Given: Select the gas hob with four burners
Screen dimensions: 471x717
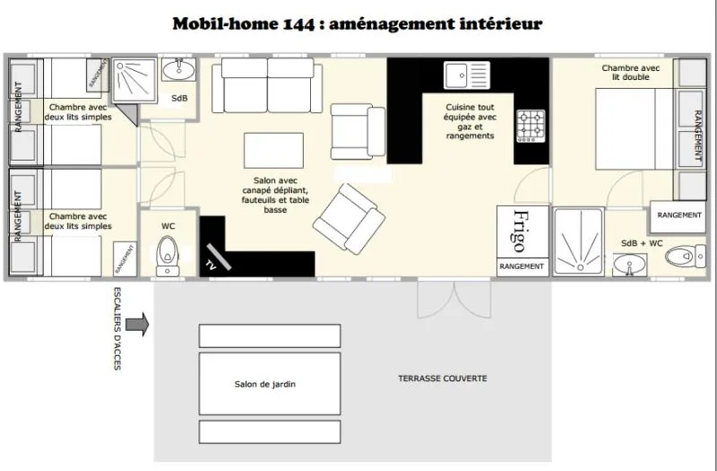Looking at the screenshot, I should [x=531, y=126].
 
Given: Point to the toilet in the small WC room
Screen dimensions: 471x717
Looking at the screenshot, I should [x=167, y=255].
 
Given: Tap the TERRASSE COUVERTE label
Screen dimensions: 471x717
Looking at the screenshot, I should [x=443, y=379].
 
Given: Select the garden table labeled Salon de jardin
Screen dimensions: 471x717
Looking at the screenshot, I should [x=269, y=384].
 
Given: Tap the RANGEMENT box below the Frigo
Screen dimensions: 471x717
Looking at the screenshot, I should [x=522, y=266].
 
